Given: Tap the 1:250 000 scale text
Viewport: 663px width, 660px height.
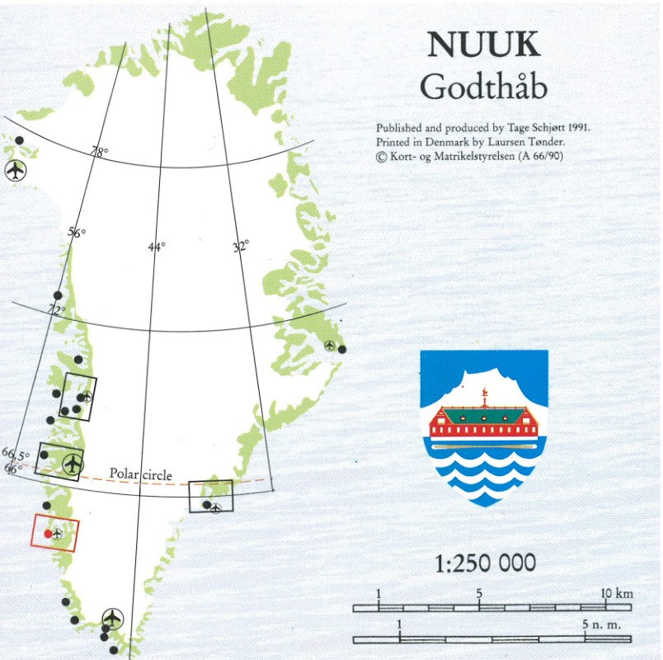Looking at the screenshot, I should [x=485, y=563].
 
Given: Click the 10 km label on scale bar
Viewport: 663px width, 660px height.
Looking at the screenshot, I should [x=615, y=594].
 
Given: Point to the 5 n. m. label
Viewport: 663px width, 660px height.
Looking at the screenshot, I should [x=601, y=625].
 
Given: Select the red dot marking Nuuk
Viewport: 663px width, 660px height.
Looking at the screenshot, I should [x=48, y=534].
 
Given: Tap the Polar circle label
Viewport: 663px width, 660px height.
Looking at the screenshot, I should [x=141, y=475].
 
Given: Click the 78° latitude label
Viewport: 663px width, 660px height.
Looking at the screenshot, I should [x=99, y=152].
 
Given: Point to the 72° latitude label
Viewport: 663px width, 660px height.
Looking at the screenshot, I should [x=55, y=311].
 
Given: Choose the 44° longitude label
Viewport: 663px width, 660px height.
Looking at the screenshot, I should [x=157, y=246].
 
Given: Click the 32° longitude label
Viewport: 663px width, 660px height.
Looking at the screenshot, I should [x=239, y=246].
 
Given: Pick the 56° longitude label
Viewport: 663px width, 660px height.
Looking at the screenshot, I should [x=76, y=233].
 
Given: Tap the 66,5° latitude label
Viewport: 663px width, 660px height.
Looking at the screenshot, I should [x=14, y=454].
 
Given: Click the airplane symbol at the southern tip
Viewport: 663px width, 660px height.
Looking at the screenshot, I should [x=112, y=618].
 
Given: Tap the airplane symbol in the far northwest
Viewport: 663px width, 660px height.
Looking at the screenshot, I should [x=15, y=171].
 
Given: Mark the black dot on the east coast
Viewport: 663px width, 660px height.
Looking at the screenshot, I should [x=342, y=349].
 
